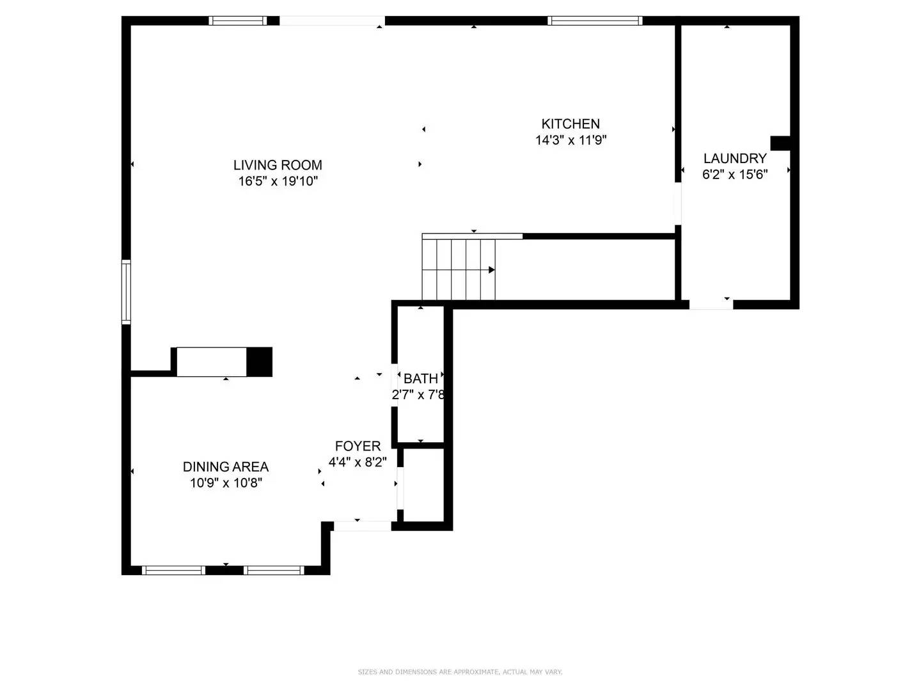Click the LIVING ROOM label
tap(278, 165)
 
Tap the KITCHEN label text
tap(571, 124)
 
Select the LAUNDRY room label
tap(735, 159)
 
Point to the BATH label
tap(421, 379)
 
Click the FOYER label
tap(358, 446)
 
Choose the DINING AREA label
tap(226, 467)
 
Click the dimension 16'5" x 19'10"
tap(278, 181)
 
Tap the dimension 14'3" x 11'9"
tap(571, 140)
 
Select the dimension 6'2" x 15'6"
tap(735, 175)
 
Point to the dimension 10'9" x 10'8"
tap(226, 483)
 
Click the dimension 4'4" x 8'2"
tap(358, 462)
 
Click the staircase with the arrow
tap(459, 269)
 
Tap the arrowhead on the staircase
tap(492, 270)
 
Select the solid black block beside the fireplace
tap(259, 361)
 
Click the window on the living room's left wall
tap(126, 292)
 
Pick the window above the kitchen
tap(595, 20)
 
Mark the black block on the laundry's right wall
tap(781, 143)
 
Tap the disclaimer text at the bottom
tap(460, 672)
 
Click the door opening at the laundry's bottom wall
tap(711, 305)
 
